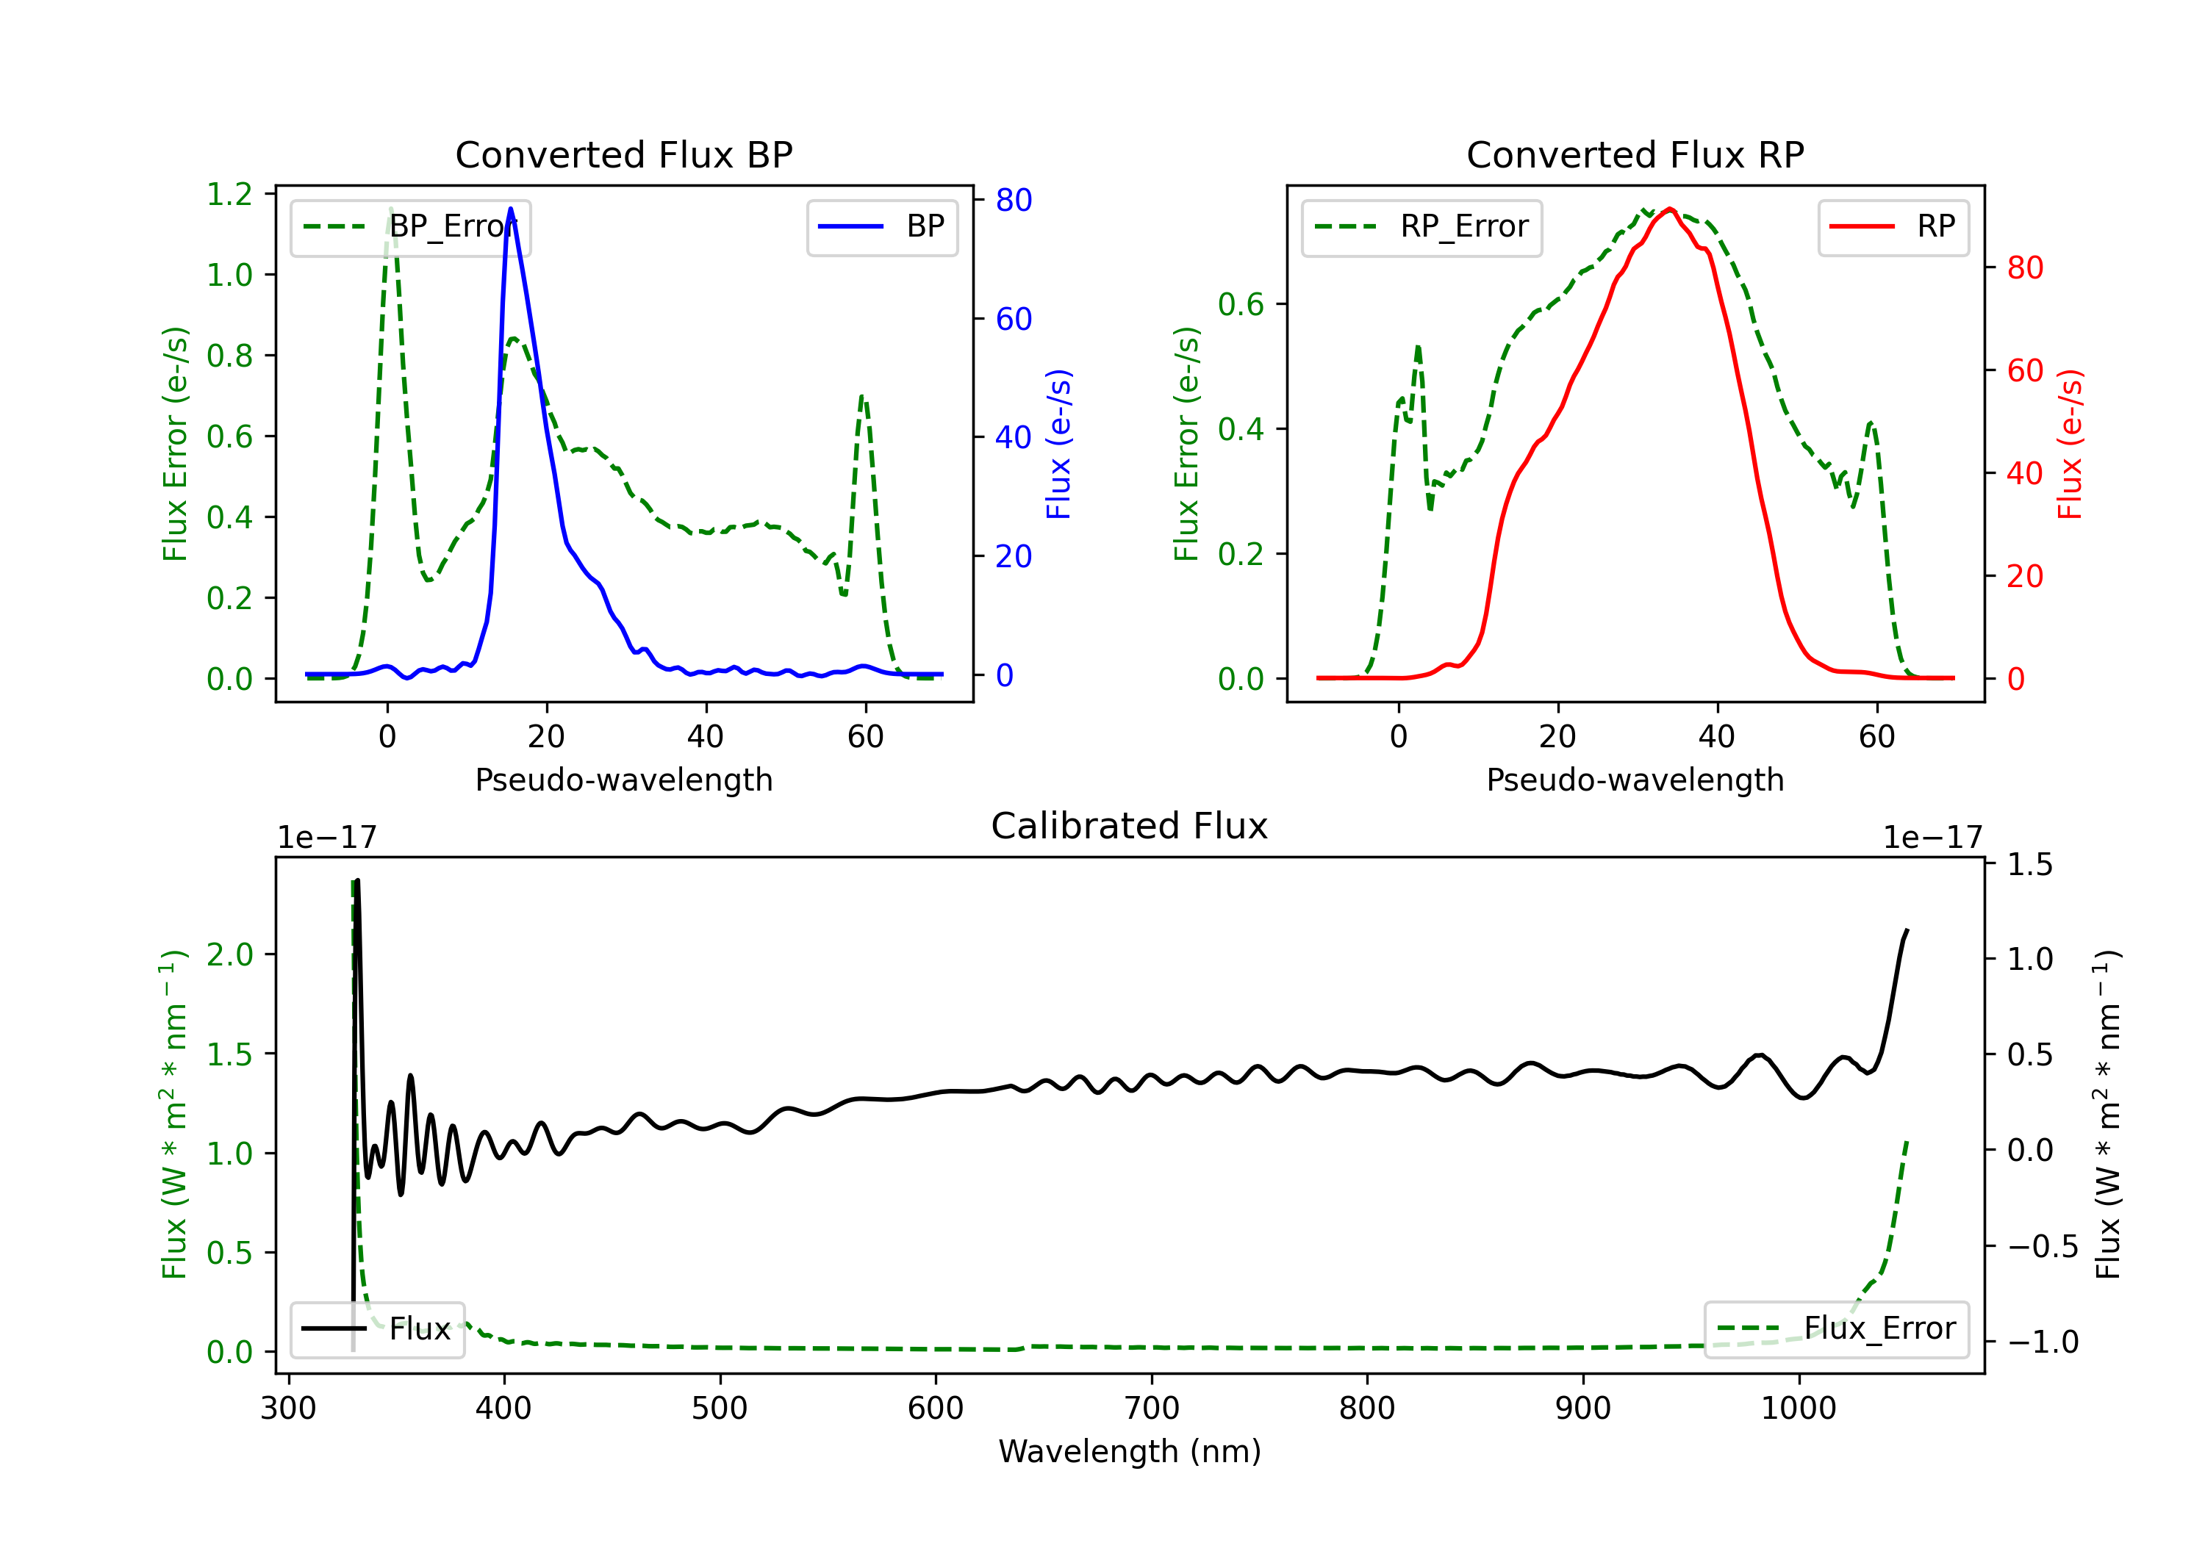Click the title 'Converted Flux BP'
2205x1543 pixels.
(x=623, y=154)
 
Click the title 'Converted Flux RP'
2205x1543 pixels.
(x=1635, y=154)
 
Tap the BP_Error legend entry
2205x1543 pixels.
(x=410, y=226)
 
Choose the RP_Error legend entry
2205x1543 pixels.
(x=1421, y=226)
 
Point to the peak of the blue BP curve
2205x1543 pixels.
(x=511, y=209)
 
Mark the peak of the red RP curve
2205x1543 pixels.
(x=1670, y=209)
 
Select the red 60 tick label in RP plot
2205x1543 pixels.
(x=2024, y=370)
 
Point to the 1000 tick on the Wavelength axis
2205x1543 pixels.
(x=1798, y=1409)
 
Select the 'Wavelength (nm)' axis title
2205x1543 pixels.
(x=1130, y=1451)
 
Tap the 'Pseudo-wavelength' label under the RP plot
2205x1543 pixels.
(x=1635, y=780)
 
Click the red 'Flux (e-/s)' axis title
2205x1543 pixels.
(x=2070, y=444)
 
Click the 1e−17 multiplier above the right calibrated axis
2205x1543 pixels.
(x=1932, y=838)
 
